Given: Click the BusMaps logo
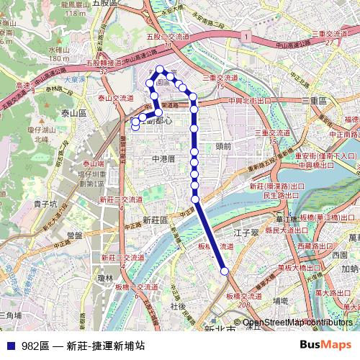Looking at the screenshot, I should (x=326, y=346).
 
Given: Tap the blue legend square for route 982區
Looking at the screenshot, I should (x=10, y=346).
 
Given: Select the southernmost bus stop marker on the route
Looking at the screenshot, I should (x=225, y=271).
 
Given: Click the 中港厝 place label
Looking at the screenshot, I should (x=163, y=158).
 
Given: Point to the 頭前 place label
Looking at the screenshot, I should (x=222, y=145).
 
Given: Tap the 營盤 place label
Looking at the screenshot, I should (x=75, y=235).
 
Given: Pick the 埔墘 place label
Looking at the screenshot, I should (x=281, y=300).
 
